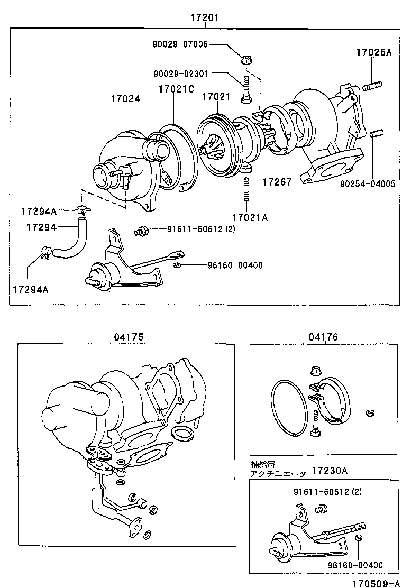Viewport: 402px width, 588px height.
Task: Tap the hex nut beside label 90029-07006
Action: (246, 59)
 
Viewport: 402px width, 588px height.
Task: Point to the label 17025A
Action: (373, 53)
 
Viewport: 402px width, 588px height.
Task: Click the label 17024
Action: (125, 98)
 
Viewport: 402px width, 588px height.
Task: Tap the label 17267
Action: (277, 182)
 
